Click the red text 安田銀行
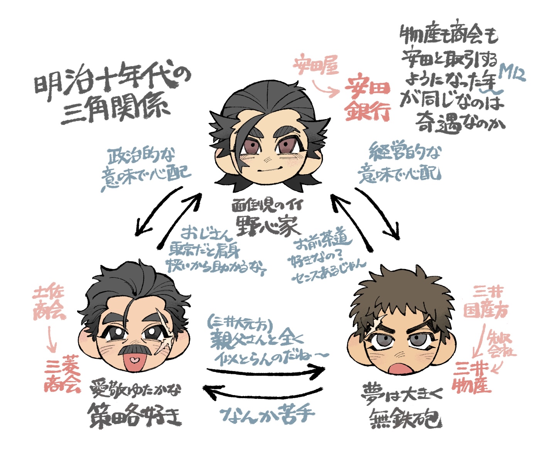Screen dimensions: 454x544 point(367,99)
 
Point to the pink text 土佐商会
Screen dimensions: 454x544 point(49,303)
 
